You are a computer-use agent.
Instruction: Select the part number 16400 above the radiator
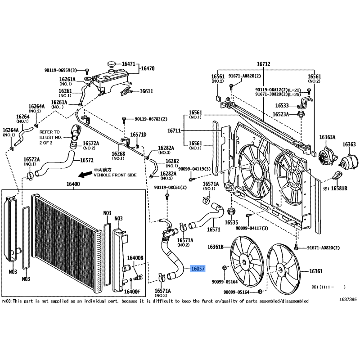tap(73, 184)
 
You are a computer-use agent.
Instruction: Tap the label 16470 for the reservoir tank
tap(148, 68)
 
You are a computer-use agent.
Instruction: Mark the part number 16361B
tap(216, 247)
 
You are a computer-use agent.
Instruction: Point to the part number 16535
tap(231, 222)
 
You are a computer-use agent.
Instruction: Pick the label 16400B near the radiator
tap(135, 258)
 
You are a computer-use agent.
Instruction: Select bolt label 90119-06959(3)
tap(61, 70)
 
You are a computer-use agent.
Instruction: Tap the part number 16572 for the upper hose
tap(86, 160)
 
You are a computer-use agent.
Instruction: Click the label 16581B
tap(339, 189)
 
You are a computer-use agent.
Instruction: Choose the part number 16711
tap(174, 130)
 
